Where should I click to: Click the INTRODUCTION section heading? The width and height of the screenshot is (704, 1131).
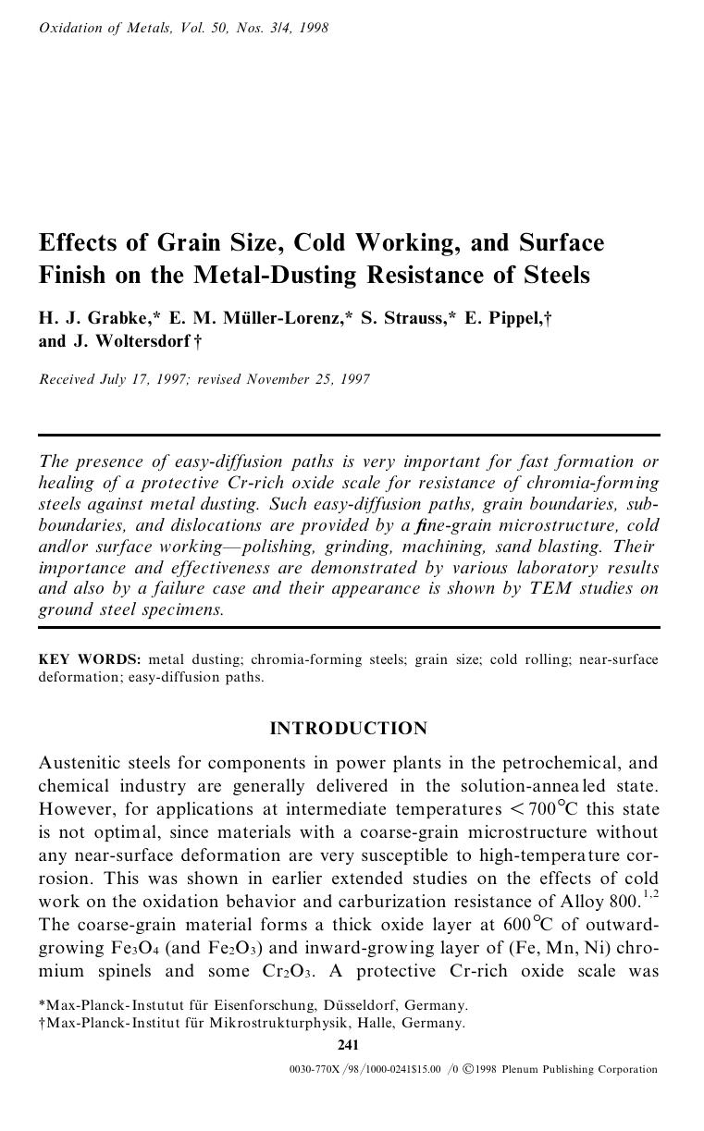pyautogui.click(x=348, y=729)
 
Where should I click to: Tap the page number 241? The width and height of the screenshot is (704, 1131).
pyautogui.click(x=348, y=1045)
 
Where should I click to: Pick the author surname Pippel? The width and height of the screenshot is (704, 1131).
pyautogui.click(x=512, y=318)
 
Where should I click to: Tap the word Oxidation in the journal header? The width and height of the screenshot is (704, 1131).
pyautogui.click(x=71, y=28)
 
